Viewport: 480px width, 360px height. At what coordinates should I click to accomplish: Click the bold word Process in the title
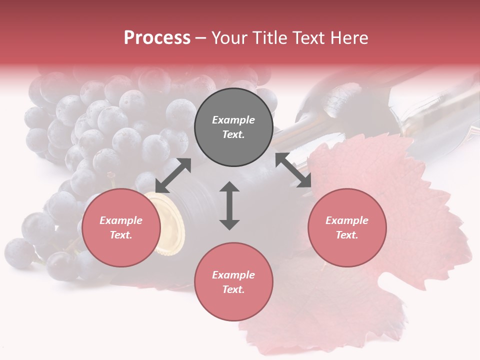(x=157, y=38)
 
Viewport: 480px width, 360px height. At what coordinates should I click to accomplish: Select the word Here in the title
(x=348, y=38)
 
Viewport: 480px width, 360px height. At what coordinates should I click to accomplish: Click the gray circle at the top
(x=233, y=127)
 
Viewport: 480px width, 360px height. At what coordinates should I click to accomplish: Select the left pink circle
(x=121, y=227)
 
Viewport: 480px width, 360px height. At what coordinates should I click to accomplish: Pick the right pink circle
(x=346, y=227)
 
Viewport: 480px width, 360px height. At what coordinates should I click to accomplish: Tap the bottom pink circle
(x=233, y=282)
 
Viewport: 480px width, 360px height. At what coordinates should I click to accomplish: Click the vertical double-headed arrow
(x=229, y=205)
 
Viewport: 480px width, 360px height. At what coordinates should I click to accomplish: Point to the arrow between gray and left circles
(x=173, y=175)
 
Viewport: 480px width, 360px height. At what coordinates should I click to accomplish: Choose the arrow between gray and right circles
(x=293, y=170)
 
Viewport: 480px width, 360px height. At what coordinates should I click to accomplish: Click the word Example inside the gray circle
(x=233, y=120)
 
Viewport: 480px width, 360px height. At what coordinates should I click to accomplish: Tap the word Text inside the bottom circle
(x=233, y=289)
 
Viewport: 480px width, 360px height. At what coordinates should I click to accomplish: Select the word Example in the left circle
(x=121, y=220)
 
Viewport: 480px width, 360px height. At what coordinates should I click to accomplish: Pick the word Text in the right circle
(x=346, y=235)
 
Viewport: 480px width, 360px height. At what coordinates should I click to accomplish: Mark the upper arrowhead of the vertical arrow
(x=229, y=187)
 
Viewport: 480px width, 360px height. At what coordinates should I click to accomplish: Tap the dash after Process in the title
(x=200, y=38)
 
